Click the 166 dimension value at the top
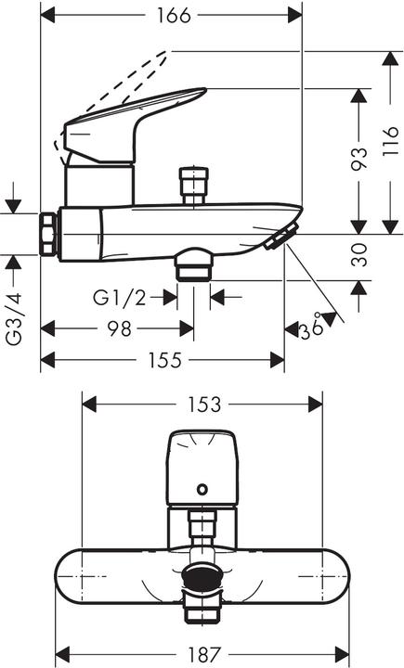pyautogui.click(x=174, y=16)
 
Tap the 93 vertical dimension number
pyautogui.click(x=358, y=160)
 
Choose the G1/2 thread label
pyautogui.click(x=120, y=297)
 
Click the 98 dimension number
pyautogui.click(x=118, y=328)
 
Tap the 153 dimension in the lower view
pyautogui.click(x=203, y=405)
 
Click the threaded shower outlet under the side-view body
pyautogui.click(x=193, y=265)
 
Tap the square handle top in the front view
pyautogui.click(x=201, y=469)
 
